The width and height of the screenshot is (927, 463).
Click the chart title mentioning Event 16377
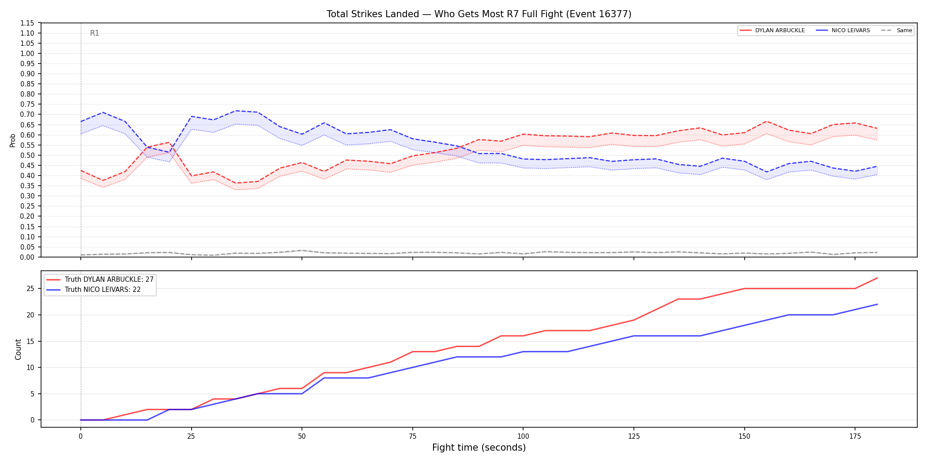coord(479,14)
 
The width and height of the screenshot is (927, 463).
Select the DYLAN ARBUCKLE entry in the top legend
coord(772,30)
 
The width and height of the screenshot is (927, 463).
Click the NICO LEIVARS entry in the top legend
coord(843,30)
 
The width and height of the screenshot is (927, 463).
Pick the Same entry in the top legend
coord(897,30)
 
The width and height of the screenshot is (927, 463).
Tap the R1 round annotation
coord(94,33)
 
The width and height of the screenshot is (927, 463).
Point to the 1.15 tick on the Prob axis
coord(28,23)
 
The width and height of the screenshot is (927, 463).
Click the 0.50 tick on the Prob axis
coord(28,155)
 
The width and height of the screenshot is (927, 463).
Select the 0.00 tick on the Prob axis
coord(28,257)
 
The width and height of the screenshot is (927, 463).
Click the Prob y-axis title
coord(13,140)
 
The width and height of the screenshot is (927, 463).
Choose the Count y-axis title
coord(18,349)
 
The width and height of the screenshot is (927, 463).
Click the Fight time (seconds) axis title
coord(479,448)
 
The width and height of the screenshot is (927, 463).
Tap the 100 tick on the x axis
coord(523,437)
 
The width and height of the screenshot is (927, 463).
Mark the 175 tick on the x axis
coord(855,437)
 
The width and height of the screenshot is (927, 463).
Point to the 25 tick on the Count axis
coord(30,289)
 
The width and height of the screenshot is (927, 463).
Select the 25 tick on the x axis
coord(191,437)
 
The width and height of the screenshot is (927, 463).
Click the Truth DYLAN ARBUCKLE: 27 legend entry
coord(100,280)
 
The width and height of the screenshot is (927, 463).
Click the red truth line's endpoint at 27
coord(877,278)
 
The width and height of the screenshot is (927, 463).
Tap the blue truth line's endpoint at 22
coord(877,304)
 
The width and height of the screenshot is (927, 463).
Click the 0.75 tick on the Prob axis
coord(28,105)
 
